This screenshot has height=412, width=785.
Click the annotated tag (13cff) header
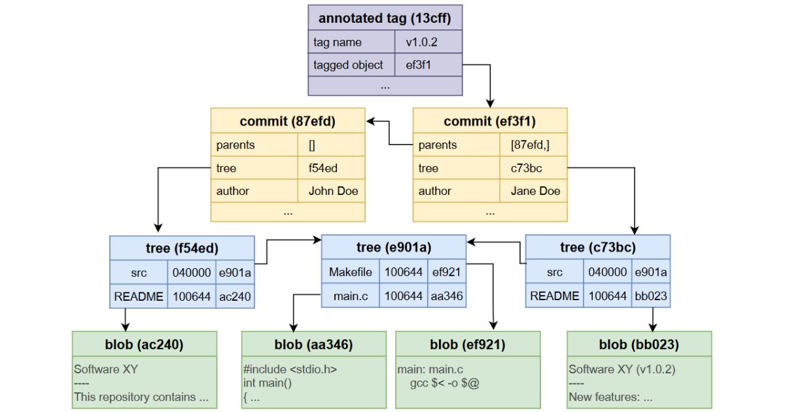385,18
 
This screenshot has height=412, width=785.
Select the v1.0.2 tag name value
421,43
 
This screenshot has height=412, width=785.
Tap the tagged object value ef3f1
418,65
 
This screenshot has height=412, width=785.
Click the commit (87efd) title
287,121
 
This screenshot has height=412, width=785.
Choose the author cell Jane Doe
535,191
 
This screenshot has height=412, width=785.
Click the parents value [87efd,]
530,145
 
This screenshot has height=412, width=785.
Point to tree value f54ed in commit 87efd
323,168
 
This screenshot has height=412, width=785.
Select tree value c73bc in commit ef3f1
526,168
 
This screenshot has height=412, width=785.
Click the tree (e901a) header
394,247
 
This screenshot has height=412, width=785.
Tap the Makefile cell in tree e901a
350,271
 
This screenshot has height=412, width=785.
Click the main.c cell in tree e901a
350,296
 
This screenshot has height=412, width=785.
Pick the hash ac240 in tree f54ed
234,296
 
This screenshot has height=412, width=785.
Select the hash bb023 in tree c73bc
650,296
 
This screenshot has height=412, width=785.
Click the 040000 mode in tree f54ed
192,271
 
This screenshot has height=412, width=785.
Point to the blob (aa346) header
311,344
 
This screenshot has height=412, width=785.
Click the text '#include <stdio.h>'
290,369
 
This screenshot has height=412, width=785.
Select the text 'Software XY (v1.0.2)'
621,369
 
